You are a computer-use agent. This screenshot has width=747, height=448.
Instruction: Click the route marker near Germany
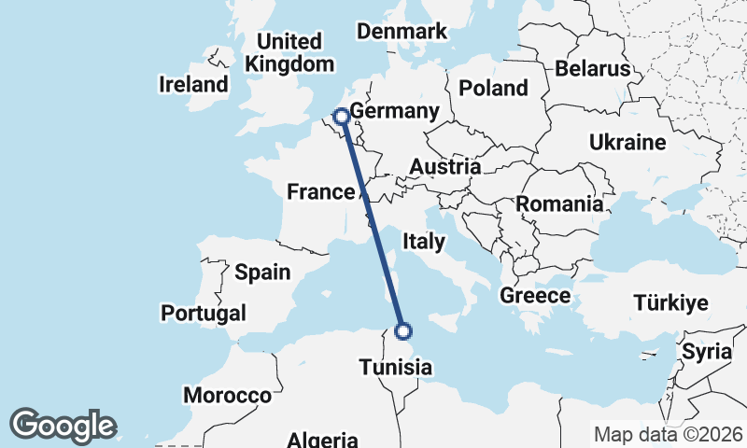coord(342,117)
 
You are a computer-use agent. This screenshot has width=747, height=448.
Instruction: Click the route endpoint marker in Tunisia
coord(403,330)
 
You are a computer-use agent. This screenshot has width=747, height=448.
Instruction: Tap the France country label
coord(320,192)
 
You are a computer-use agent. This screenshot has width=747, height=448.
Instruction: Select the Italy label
coord(423,242)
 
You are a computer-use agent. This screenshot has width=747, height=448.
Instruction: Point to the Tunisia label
coord(396,367)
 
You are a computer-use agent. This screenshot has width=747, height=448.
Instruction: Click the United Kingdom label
coord(289,53)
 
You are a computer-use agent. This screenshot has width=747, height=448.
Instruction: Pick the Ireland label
coord(194,84)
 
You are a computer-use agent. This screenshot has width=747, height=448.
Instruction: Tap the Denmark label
coord(402,32)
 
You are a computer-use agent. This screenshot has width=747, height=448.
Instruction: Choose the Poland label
coord(493,89)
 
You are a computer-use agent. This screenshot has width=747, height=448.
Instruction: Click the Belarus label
coord(592,68)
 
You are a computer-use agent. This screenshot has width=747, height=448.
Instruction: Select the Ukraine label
coord(627,143)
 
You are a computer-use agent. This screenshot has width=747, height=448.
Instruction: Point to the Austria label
coord(444,167)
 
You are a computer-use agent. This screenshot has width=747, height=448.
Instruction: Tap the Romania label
coord(559,203)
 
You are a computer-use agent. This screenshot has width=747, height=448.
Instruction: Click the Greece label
coord(535,296)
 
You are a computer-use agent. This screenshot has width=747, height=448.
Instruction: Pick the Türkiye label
coord(670,302)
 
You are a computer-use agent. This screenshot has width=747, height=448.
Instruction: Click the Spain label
coord(262,273)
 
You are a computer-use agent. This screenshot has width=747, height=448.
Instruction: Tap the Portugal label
coord(204,313)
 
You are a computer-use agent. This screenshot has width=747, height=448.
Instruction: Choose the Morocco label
coord(227,396)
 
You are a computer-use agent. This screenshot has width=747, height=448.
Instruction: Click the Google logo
coord(63,426)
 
